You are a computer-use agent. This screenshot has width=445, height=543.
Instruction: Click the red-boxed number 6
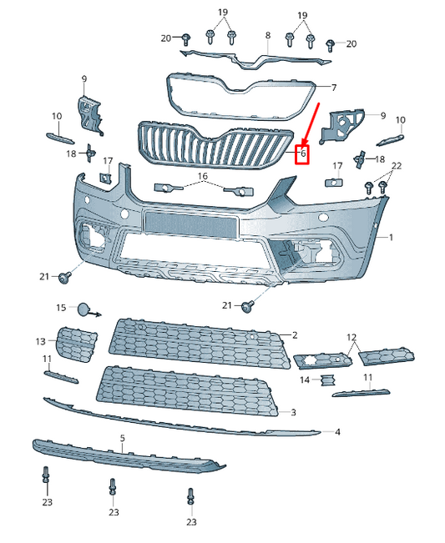click(303, 153)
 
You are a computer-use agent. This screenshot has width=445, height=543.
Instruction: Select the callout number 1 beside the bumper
click(389, 238)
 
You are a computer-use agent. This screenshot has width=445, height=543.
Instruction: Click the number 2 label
click(294, 335)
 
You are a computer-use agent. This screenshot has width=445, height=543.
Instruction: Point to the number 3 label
click(293, 412)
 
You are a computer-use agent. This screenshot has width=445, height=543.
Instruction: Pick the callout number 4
click(337, 432)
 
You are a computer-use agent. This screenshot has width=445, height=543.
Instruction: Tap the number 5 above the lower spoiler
click(123, 438)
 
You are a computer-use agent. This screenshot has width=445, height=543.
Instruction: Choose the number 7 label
click(333, 88)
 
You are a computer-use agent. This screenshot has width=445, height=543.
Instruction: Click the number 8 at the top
click(268, 35)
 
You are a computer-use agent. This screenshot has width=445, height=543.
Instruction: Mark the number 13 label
click(40, 342)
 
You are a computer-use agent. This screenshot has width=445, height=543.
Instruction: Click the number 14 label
click(305, 380)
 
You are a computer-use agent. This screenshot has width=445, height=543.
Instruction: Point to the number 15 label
click(61, 308)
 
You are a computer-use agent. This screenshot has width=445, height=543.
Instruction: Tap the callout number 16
click(202, 178)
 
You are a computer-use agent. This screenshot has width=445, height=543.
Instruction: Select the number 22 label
click(396, 167)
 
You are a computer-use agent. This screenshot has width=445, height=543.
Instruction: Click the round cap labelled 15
click(84, 310)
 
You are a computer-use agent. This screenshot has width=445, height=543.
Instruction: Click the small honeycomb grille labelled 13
click(77, 343)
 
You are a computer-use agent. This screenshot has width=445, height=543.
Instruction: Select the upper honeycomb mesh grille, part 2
click(196, 338)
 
